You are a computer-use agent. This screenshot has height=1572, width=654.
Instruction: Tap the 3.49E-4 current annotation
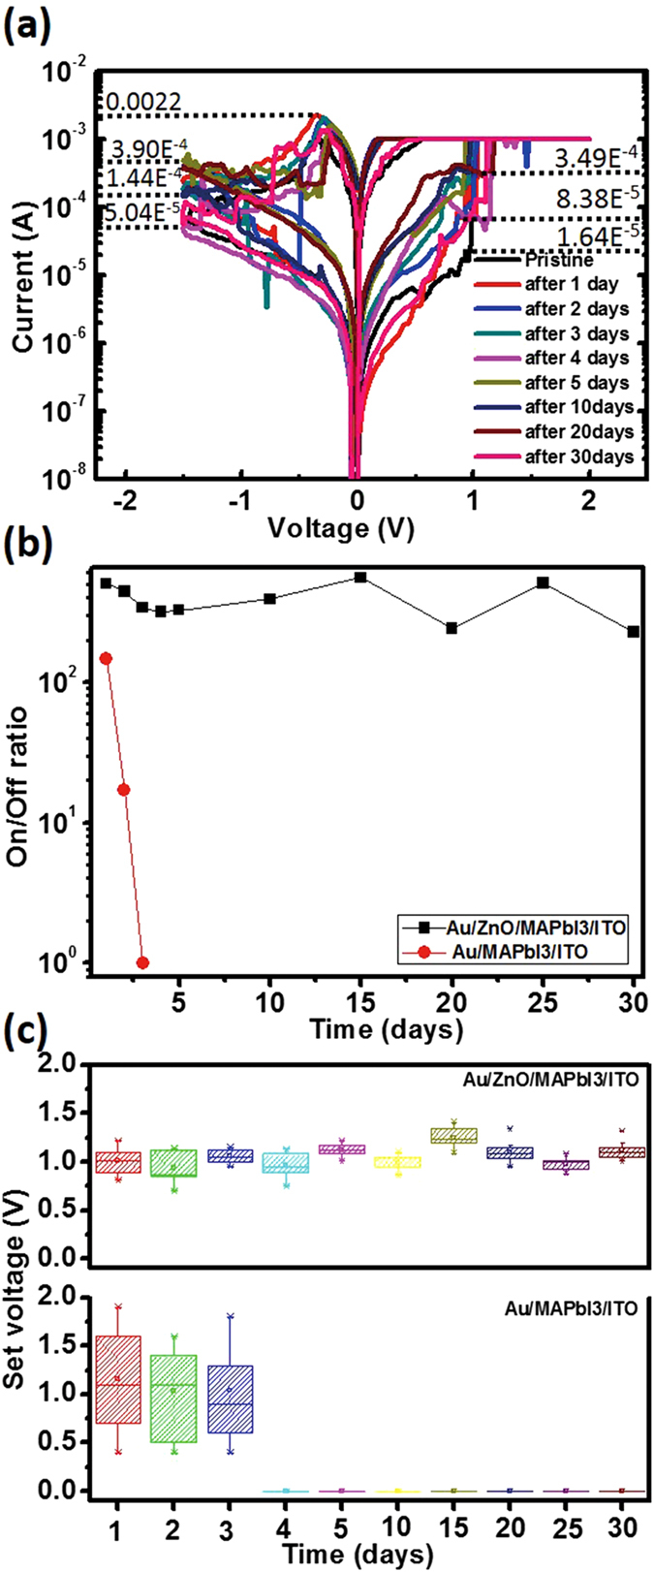click(596, 157)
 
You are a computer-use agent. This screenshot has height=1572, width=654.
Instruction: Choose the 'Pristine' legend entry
click(558, 261)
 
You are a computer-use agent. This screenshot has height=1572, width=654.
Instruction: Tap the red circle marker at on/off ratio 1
click(142, 962)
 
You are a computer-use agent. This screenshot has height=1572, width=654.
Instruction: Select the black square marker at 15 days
click(360, 578)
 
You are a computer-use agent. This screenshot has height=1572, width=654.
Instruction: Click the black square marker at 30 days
click(634, 632)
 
